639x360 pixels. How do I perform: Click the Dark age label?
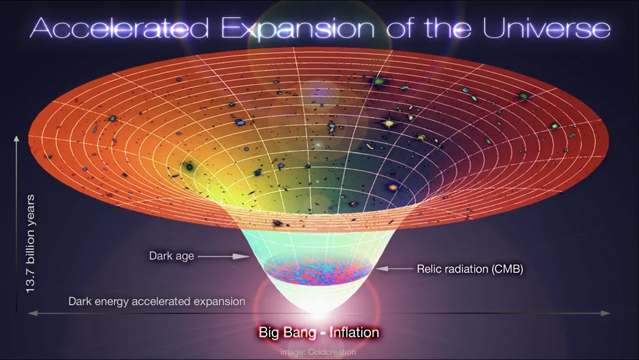coord(171,256)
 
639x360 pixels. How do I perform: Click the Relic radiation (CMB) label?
coord(470,269)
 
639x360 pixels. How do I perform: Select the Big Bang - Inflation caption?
coord(319,332)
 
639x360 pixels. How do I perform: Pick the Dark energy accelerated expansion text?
coord(157,301)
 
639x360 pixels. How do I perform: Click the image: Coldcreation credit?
coord(318,352)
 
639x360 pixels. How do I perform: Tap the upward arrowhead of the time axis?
coord(16,139)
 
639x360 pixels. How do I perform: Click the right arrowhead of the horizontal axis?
coord(607,313)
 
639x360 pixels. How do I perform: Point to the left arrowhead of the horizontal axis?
coord(32,313)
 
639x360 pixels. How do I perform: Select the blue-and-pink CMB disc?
coord(319,272)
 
